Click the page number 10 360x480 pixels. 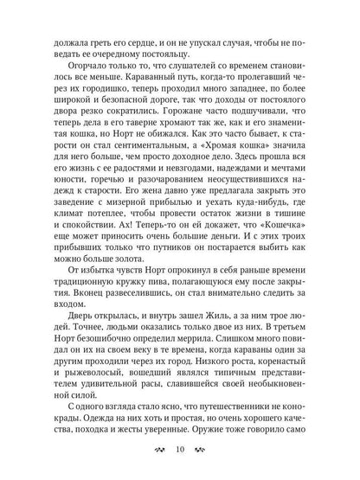tap(180, 451)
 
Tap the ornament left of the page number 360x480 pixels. tap(157, 451)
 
